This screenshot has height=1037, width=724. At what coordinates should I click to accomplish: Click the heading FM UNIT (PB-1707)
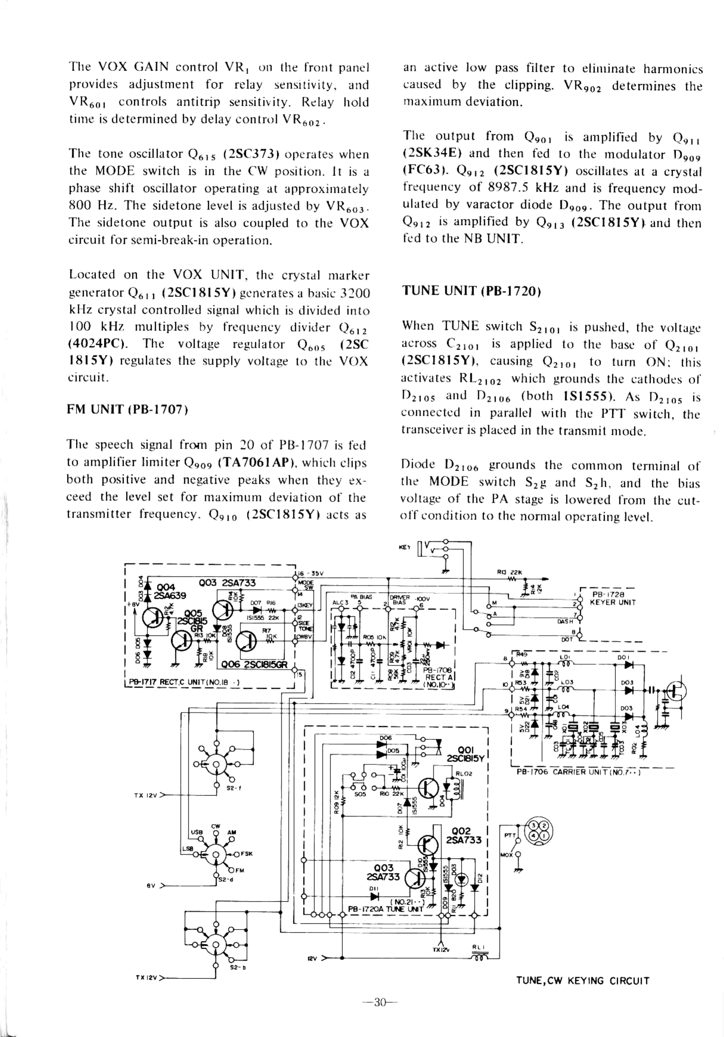coord(127,410)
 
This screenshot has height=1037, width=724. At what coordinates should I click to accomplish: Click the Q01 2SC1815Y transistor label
coord(465,754)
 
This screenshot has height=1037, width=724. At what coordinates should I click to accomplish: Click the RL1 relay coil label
coord(478,947)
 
